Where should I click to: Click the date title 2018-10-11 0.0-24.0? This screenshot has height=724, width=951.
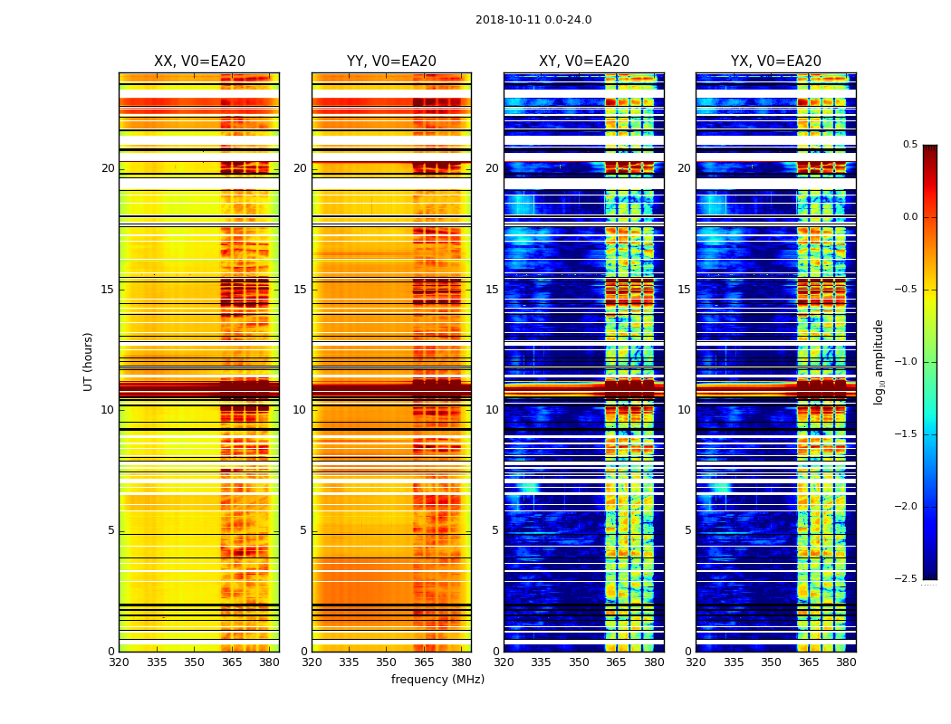point(533,20)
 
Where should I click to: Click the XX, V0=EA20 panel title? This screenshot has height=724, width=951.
point(199,62)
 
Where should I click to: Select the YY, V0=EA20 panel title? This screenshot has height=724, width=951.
point(391,62)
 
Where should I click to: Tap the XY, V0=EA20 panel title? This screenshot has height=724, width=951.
point(584,62)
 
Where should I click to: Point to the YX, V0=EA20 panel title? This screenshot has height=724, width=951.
point(776,62)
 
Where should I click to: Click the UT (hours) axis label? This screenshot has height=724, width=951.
point(89,361)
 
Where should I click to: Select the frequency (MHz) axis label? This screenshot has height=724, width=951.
point(437,680)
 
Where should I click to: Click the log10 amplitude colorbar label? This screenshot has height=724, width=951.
point(879,361)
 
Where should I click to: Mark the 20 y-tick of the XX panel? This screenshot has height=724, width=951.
point(108,168)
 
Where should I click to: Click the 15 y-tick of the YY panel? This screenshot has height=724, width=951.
point(300,290)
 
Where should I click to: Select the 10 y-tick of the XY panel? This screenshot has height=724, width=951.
point(492,410)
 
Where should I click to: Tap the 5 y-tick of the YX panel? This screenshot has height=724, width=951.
point(688,530)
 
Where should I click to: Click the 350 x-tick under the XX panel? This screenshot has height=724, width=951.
point(195,662)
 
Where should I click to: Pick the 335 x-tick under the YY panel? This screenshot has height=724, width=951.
point(350,662)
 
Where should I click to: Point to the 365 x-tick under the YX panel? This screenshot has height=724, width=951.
point(809,662)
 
